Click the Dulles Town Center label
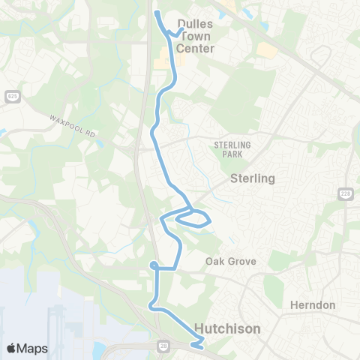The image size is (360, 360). pyautogui.click(x=195, y=36)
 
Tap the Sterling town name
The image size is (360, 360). pyautogui.click(x=253, y=178)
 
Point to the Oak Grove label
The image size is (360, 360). pyautogui.click(x=232, y=262)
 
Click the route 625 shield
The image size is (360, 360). pyautogui.click(x=12, y=97)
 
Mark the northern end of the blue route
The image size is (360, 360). pyautogui.click(x=157, y=12)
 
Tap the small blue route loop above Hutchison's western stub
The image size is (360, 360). pyautogui.click(x=153, y=265)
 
